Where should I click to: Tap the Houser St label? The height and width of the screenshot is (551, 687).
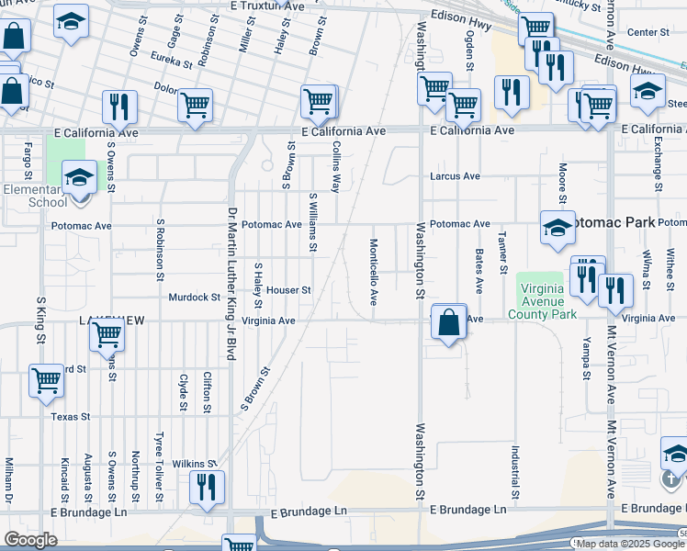[289, 290]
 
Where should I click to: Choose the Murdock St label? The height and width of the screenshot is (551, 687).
[195, 298]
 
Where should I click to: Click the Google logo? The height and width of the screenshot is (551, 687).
[30, 540]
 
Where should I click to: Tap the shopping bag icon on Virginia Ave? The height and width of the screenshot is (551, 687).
[448, 323]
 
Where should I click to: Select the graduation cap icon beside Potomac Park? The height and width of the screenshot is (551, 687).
[557, 230]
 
